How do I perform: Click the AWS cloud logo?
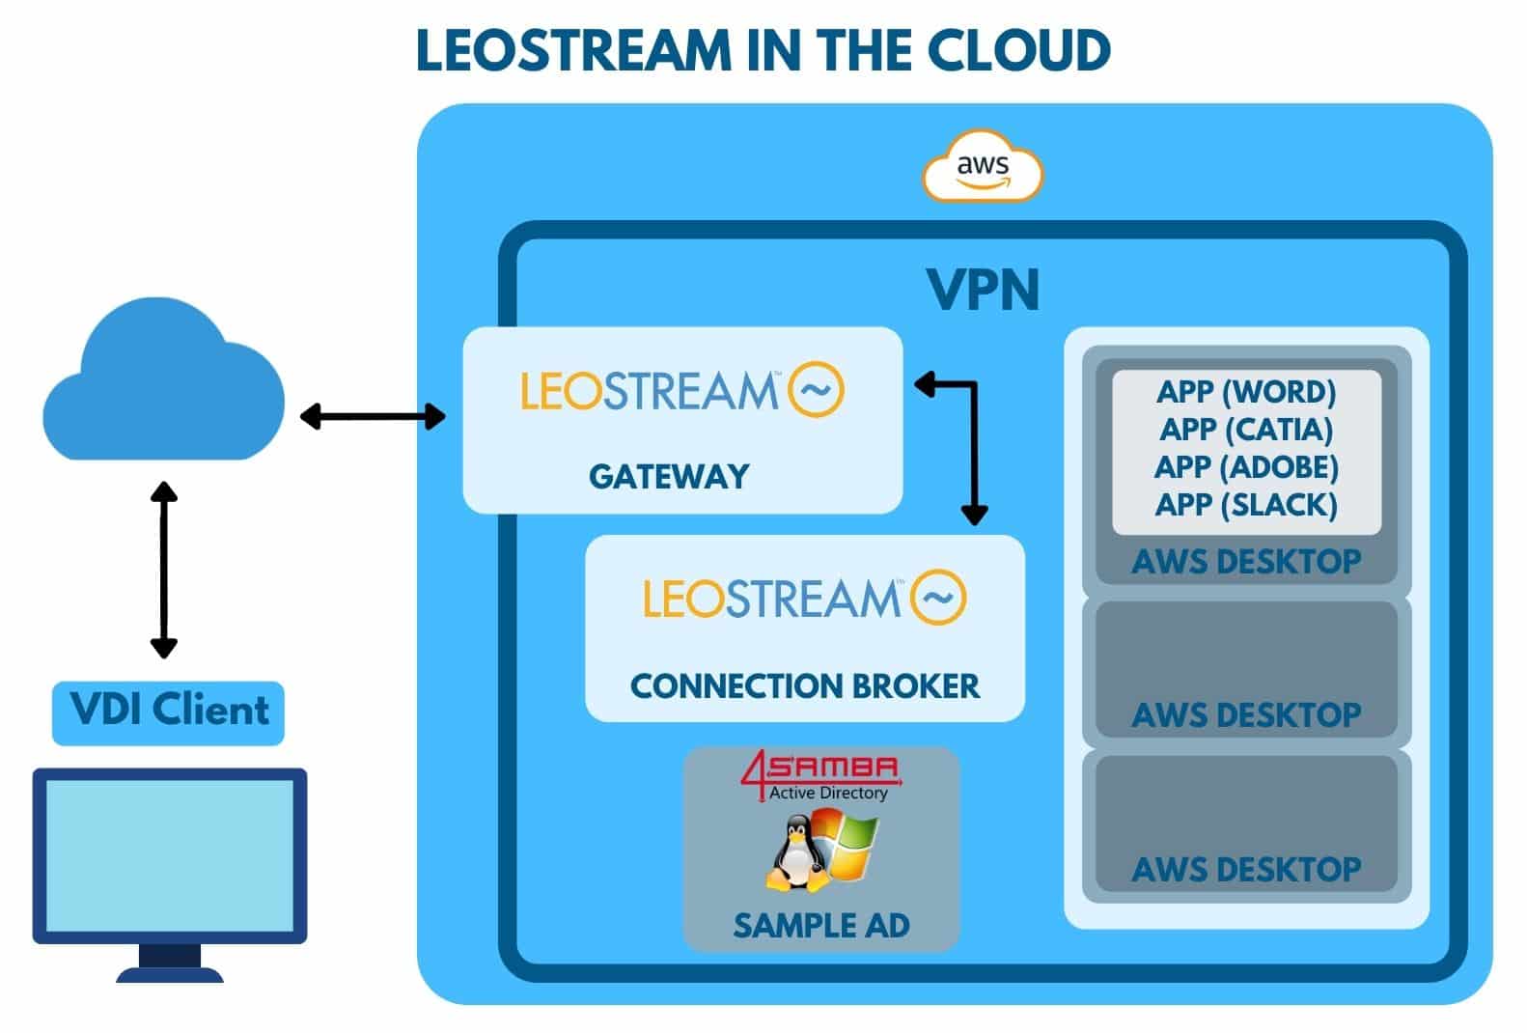coord(983,168)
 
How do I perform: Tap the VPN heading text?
coord(983,289)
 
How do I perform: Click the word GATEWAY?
coord(669,476)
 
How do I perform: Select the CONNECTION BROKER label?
coord(804,685)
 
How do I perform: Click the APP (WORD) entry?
coord(1246,391)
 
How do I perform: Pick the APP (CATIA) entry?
coord(1246,429)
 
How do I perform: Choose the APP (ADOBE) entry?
coord(1246,466)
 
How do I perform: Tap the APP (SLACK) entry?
coord(1246,504)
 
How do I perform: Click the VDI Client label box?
coord(168,712)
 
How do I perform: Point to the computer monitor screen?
coord(170,855)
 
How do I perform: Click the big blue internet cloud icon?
coord(162,386)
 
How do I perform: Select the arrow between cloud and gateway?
coord(373,417)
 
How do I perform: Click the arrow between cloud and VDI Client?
coord(164,570)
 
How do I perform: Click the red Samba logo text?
coord(820,769)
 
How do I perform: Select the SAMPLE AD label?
coord(821,925)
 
